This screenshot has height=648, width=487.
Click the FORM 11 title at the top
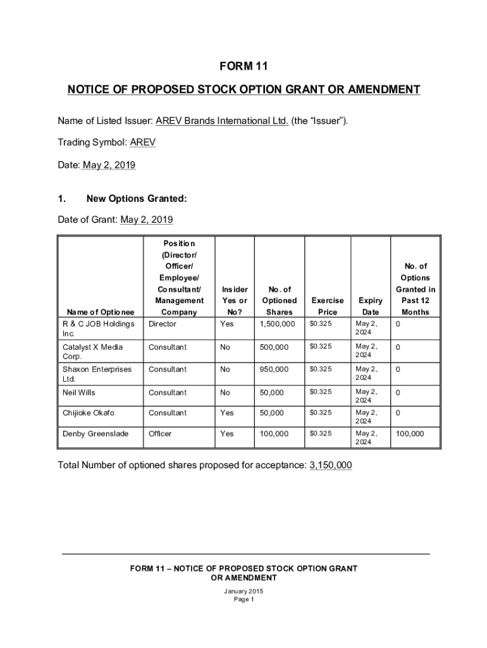[244, 66]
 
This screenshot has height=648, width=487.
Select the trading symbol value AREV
[142, 142]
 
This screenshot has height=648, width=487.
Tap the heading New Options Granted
[136, 199]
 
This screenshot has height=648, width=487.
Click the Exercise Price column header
[328, 306]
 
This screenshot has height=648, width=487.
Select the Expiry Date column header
[370, 306]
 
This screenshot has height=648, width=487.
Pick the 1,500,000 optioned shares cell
[277, 324]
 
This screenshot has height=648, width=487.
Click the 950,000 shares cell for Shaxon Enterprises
[274, 369]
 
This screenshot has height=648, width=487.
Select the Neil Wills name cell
[79, 392]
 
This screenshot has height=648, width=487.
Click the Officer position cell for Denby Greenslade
[160, 433]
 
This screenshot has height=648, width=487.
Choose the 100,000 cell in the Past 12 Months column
[409, 433]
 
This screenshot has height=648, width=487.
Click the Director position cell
[163, 324]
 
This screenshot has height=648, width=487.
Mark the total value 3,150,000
[331, 466]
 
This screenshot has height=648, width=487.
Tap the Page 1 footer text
[244, 599]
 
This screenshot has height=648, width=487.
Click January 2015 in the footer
[244, 591]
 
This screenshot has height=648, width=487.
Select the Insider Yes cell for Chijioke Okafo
[226, 413]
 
